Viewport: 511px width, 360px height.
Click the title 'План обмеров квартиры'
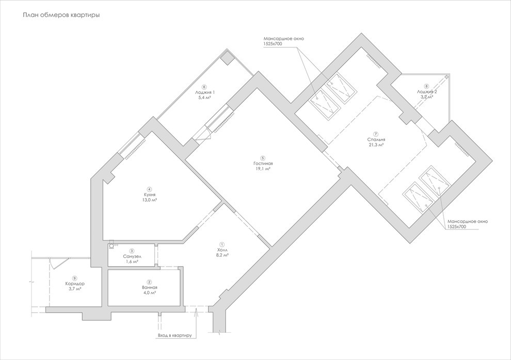pyautogui.click(x=61, y=15)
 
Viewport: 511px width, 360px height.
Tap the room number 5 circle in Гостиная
pyautogui.click(x=263, y=158)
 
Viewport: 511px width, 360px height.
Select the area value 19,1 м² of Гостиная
pyautogui.click(x=263, y=169)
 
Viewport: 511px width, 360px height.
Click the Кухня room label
pyautogui.click(x=150, y=194)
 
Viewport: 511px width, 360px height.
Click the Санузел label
pyautogui.click(x=132, y=256)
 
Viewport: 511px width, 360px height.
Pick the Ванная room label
pyautogui.click(x=149, y=287)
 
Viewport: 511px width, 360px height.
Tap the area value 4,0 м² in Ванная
pyautogui.click(x=149, y=292)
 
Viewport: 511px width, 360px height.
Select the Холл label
pyautogui.click(x=222, y=250)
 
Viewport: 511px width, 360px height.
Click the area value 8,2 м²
pyautogui.click(x=222, y=255)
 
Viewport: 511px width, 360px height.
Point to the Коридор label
pyautogui.click(x=75, y=284)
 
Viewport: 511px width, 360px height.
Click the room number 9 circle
pyautogui.click(x=75, y=278)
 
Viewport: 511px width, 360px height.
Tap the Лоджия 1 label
pyautogui.click(x=205, y=92)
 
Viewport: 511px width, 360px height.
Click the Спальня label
pyautogui.click(x=376, y=139)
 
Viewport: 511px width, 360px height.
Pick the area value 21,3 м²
pyautogui.click(x=376, y=145)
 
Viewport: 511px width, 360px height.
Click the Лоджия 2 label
pyautogui.click(x=426, y=91)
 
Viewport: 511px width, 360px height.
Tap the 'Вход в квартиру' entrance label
pyautogui.click(x=174, y=336)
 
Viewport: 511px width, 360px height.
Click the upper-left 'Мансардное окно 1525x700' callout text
pyautogui.click(x=280, y=41)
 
